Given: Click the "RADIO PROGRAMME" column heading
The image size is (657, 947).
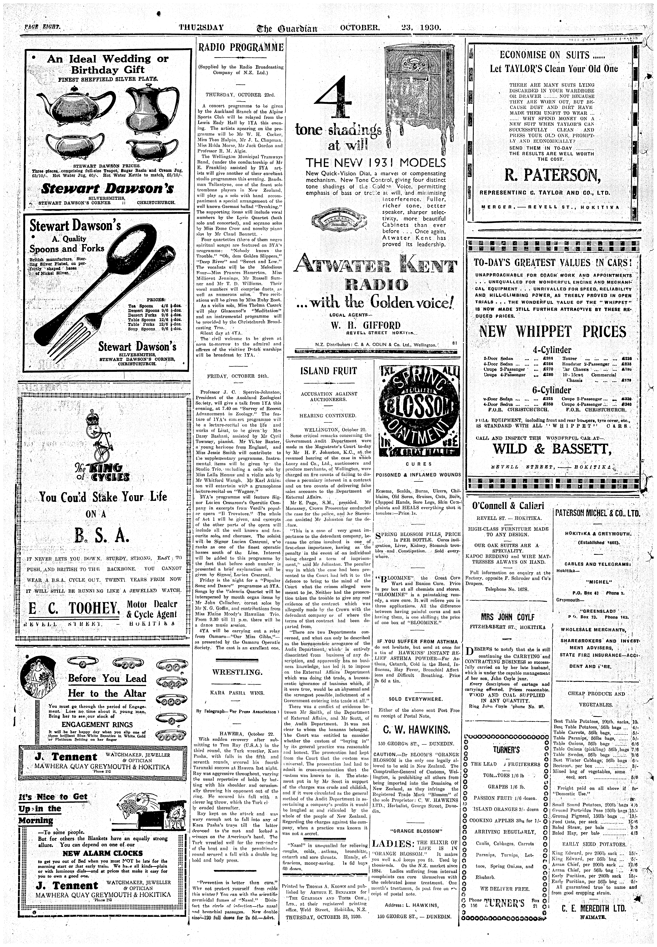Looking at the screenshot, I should coord(241,48).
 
